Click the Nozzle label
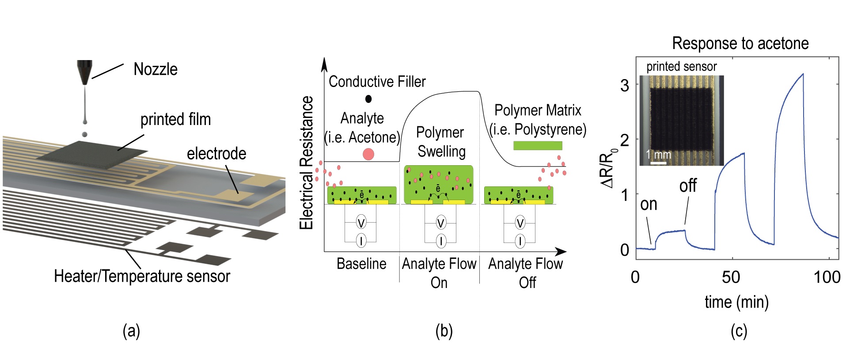click(x=155, y=69)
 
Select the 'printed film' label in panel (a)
click(x=175, y=119)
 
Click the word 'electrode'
click(x=216, y=154)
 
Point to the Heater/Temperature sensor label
click(x=142, y=276)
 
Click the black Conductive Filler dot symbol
click(x=368, y=99)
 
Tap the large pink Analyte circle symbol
click(x=368, y=154)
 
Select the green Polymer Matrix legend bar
click(x=537, y=145)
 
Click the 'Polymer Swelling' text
click(x=441, y=142)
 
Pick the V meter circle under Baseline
click(x=361, y=223)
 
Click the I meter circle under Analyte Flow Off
click(x=520, y=241)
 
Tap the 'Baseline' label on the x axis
click(x=361, y=264)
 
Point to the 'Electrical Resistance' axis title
click(x=306, y=163)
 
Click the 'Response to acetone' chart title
click(x=740, y=43)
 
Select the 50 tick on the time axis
click(x=731, y=277)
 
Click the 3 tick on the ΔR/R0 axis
click(x=624, y=85)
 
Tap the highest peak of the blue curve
click(x=803, y=74)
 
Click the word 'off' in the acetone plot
click(x=688, y=186)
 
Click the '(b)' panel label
click(x=444, y=331)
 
